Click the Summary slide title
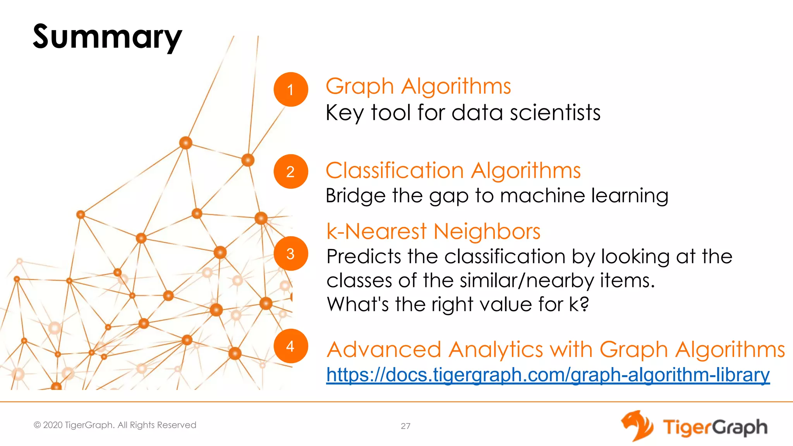click(107, 37)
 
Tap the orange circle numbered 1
click(290, 89)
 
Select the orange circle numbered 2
click(290, 172)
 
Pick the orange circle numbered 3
click(290, 254)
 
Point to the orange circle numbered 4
click(290, 346)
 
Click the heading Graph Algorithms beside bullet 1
click(418, 86)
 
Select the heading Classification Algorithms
click(453, 170)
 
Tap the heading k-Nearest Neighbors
click(433, 232)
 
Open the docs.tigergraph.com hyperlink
click(548, 375)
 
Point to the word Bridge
click(355, 196)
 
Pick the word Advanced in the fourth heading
click(384, 350)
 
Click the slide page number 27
click(405, 426)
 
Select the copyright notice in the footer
click(115, 425)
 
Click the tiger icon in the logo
click(637, 426)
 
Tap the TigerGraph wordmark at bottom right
click(715, 427)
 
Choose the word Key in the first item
click(344, 113)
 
